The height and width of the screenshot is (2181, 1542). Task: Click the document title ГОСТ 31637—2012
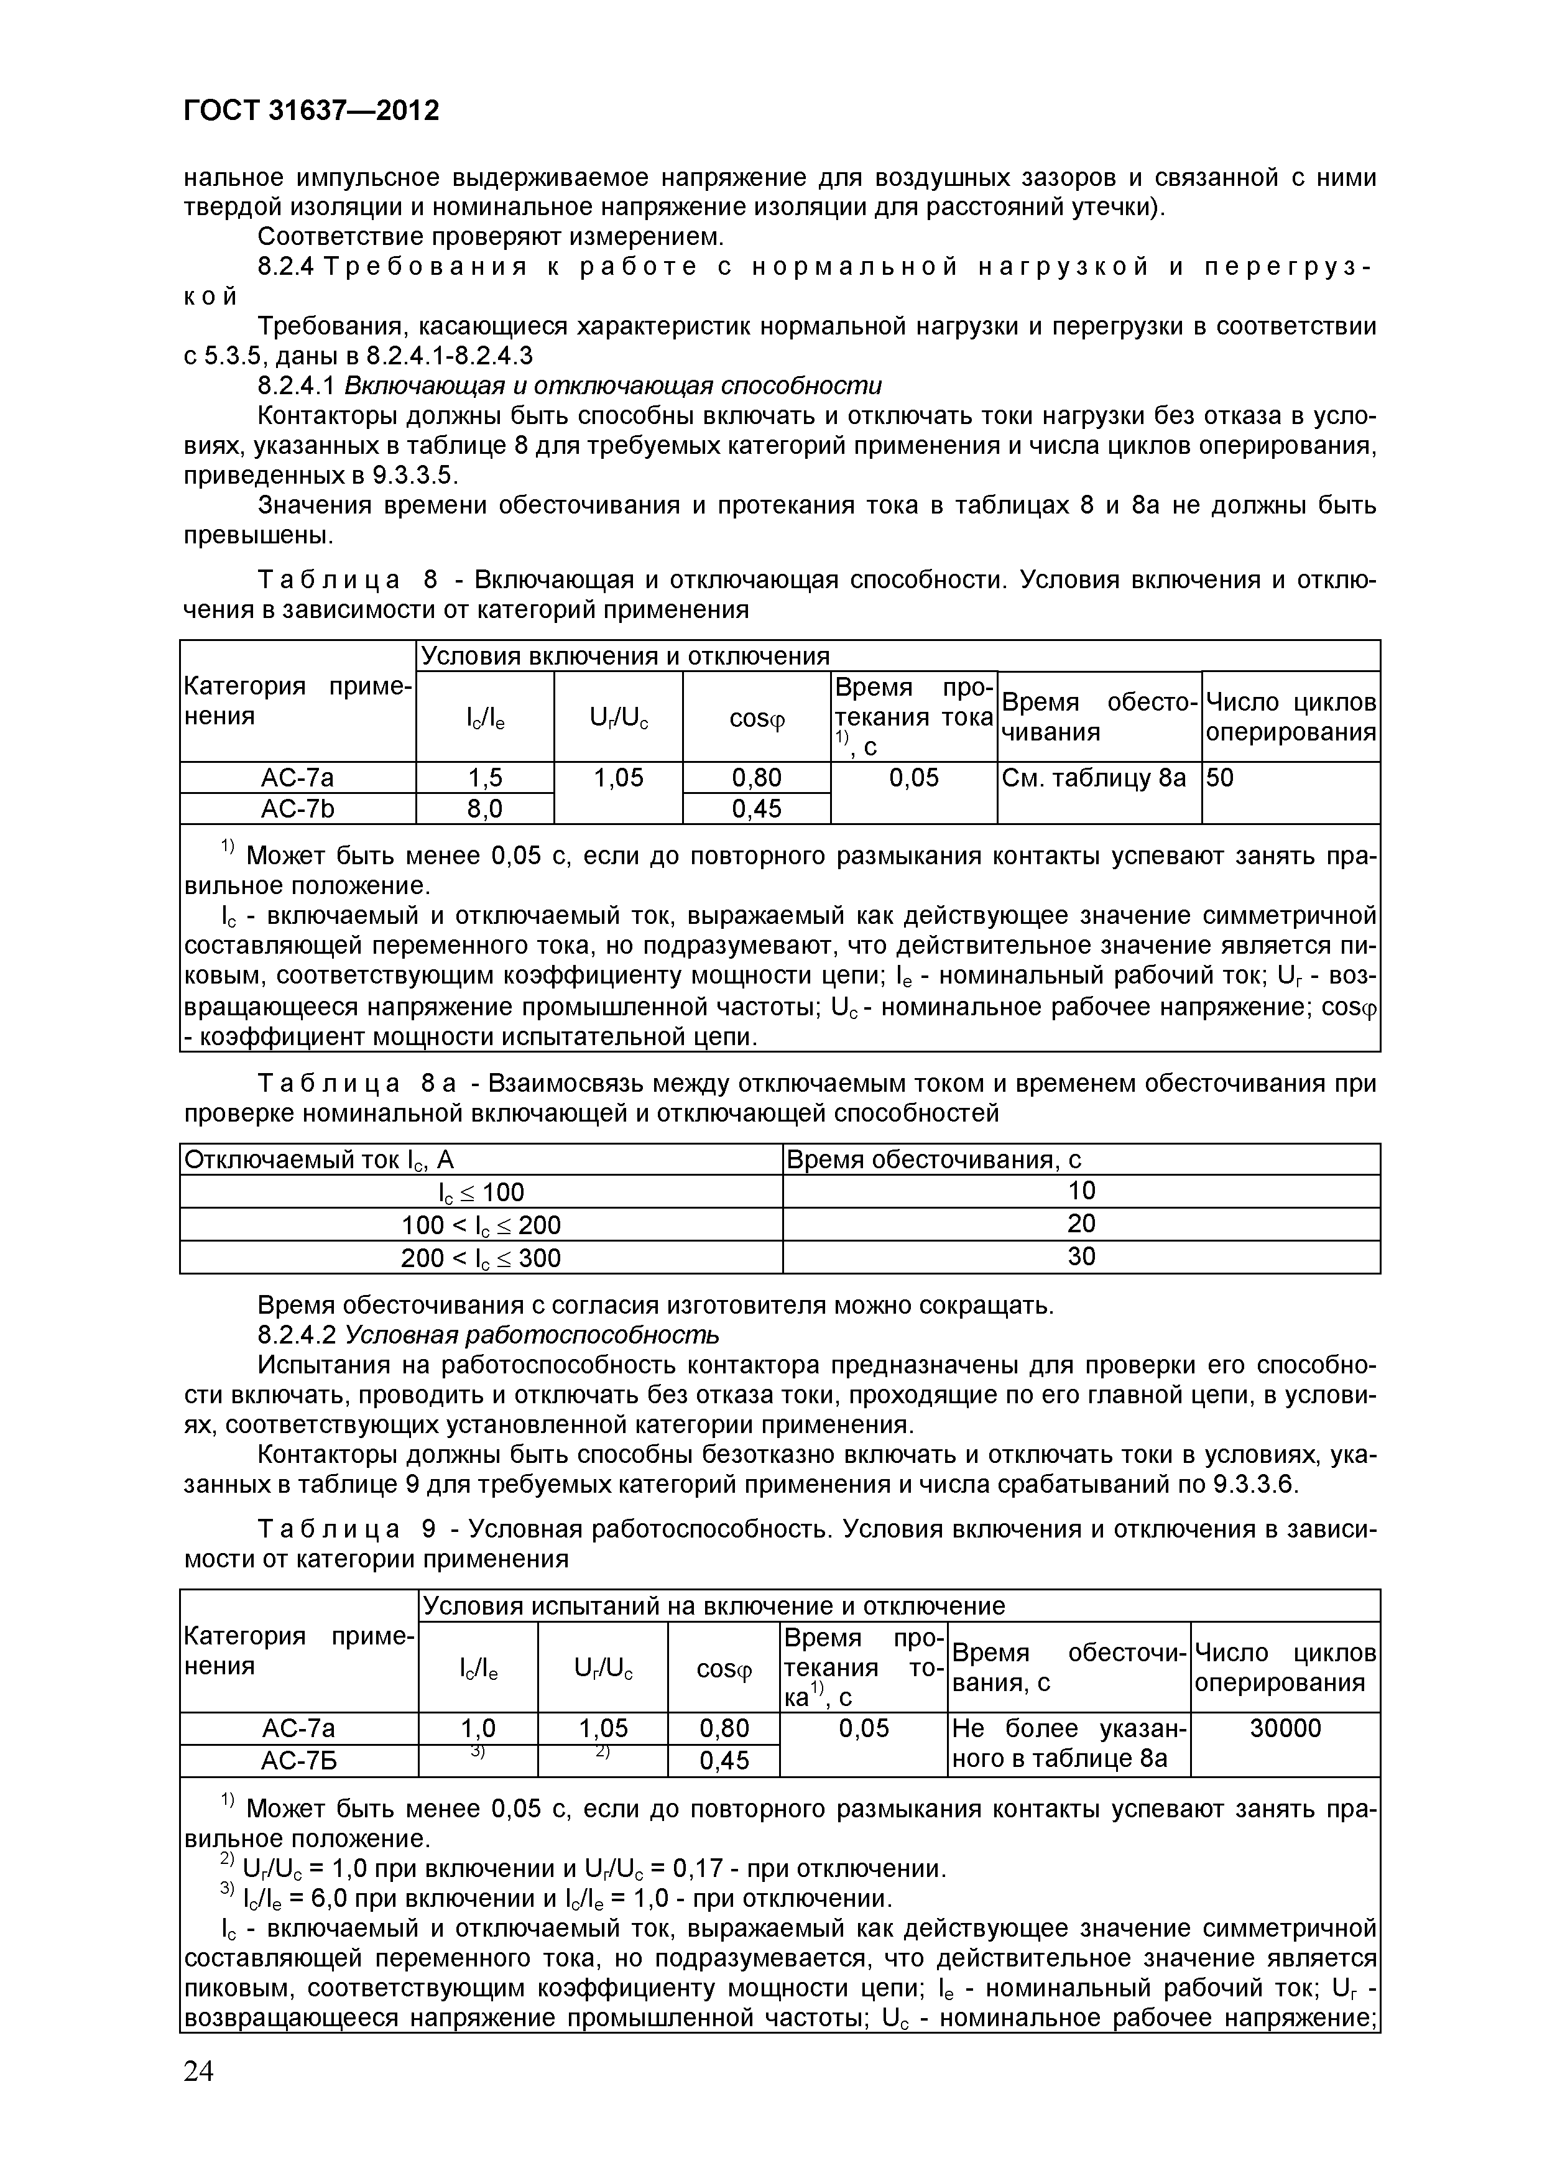pos(311,112)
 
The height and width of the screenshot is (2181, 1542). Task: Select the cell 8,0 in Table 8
pos(484,808)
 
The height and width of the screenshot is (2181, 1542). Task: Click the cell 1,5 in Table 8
pos(484,778)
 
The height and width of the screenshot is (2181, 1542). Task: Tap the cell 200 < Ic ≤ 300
pos(481,1258)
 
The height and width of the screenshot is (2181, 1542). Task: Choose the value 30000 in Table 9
pos(1285,1728)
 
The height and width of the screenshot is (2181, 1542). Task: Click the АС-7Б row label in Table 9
pos(298,1760)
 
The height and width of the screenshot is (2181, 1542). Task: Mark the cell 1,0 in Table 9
pos(478,1728)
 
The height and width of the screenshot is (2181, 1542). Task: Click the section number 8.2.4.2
pos(297,1335)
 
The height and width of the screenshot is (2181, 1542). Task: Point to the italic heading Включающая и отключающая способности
pos(613,385)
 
